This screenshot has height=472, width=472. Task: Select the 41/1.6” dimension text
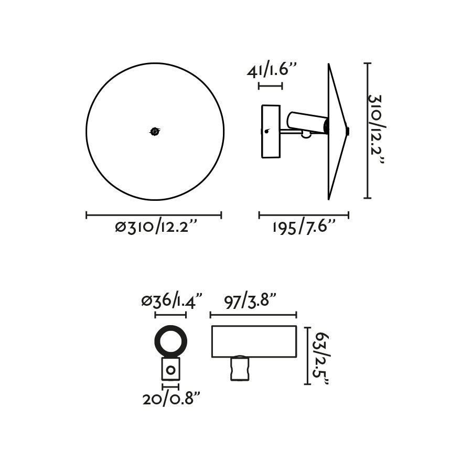(x=272, y=70)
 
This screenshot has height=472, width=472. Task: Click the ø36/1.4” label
(x=171, y=301)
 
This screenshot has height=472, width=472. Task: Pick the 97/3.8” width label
(x=250, y=301)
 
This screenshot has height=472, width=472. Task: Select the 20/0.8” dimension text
(x=171, y=399)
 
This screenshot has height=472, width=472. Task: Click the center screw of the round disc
(x=155, y=132)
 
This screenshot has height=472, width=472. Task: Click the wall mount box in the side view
(x=271, y=131)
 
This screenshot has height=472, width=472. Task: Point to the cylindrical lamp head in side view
(x=307, y=122)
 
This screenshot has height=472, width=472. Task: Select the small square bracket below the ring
(x=170, y=369)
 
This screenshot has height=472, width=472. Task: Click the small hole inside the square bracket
(x=170, y=370)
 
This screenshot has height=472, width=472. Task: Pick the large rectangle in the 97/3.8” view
(x=254, y=341)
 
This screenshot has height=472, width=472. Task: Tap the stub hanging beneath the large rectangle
(x=239, y=368)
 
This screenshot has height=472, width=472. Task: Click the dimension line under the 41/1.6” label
(x=270, y=85)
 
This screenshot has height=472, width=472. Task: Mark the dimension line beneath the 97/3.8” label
(x=253, y=315)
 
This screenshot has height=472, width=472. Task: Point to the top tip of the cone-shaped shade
(x=329, y=65)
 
